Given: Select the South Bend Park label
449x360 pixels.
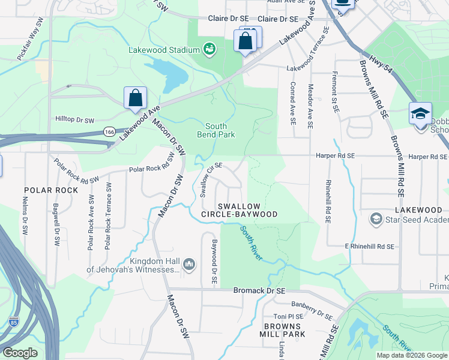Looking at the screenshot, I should coord(215,130).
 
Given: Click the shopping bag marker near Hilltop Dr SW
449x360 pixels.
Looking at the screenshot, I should coord(136,98).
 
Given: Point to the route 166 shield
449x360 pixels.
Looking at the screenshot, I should coord(109,131).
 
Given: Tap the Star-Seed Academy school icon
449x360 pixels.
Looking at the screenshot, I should coord(376,218).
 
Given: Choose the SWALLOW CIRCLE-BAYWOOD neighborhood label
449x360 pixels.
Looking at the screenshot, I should coord(247,210).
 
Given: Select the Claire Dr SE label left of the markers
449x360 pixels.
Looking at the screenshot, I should coord(228,19).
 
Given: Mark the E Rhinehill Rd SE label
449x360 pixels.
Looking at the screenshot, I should coord(369,247).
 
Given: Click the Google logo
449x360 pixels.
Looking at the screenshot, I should coord(20,353).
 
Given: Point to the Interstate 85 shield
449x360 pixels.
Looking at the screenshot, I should coord(14,322).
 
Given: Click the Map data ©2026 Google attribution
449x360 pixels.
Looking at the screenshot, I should coord(412,355).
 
